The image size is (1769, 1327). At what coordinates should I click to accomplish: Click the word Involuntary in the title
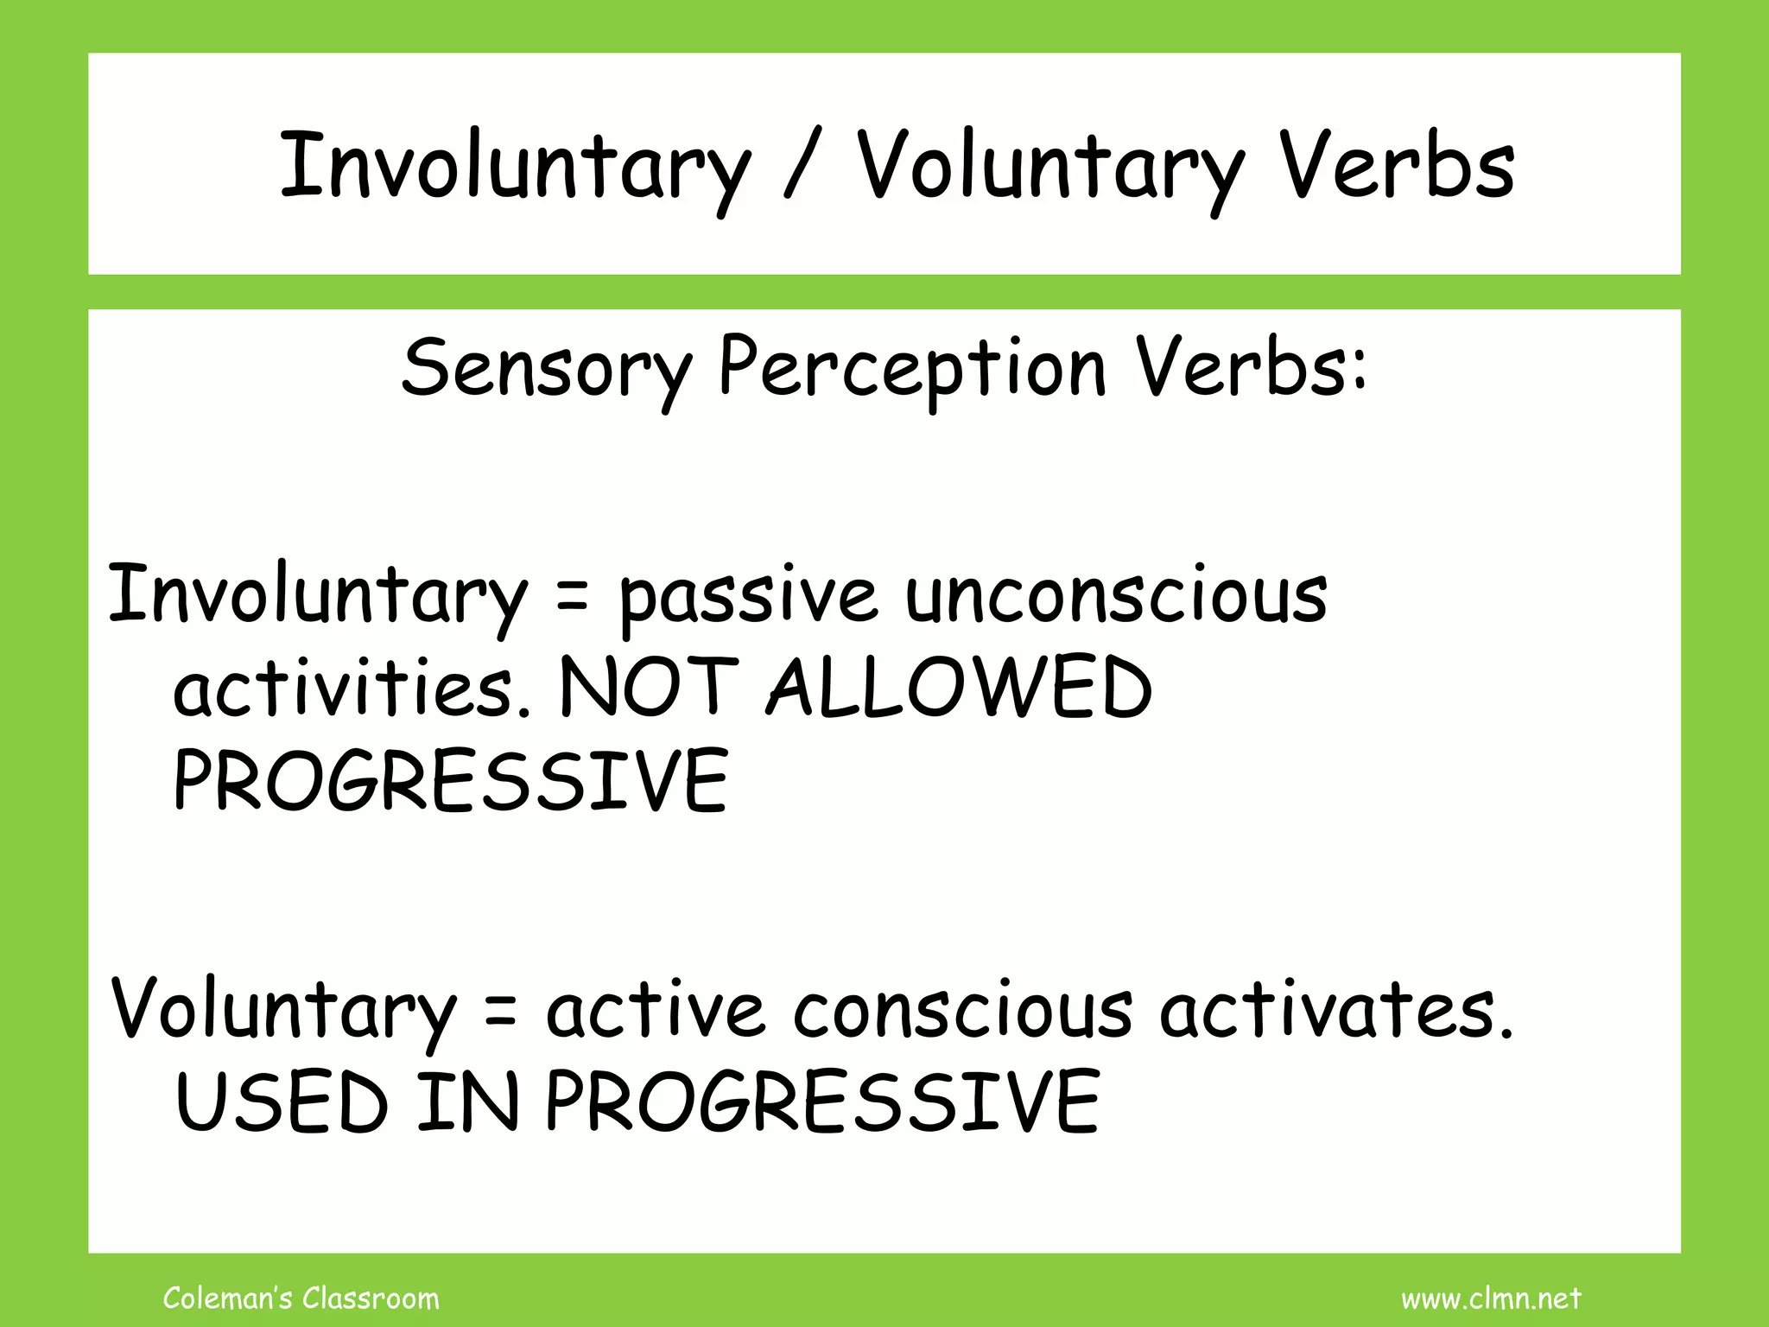pyautogui.click(x=516, y=166)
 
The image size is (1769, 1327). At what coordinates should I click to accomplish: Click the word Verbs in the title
pyautogui.click(x=1397, y=166)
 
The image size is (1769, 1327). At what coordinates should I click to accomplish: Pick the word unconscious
pyautogui.click(x=1116, y=596)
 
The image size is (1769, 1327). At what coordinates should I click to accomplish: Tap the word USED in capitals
pyautogui.click(x=282, y=1103)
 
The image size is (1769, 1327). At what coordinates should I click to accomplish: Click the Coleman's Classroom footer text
pyautogui.click(x=301, y=1298)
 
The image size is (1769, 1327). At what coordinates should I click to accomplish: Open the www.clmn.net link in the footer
pyautogui.click(x=1491, y=1298)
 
